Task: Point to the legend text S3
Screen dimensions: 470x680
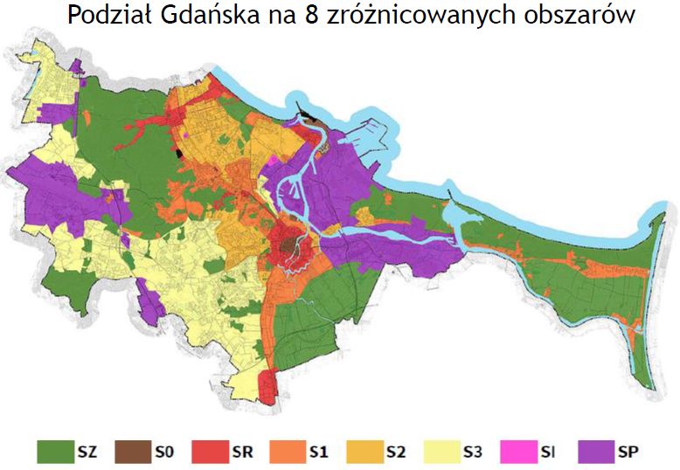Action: click(474, 452)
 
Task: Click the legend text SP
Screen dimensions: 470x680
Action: click(628, 452)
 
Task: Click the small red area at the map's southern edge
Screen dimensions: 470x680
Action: click(268, 385)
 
